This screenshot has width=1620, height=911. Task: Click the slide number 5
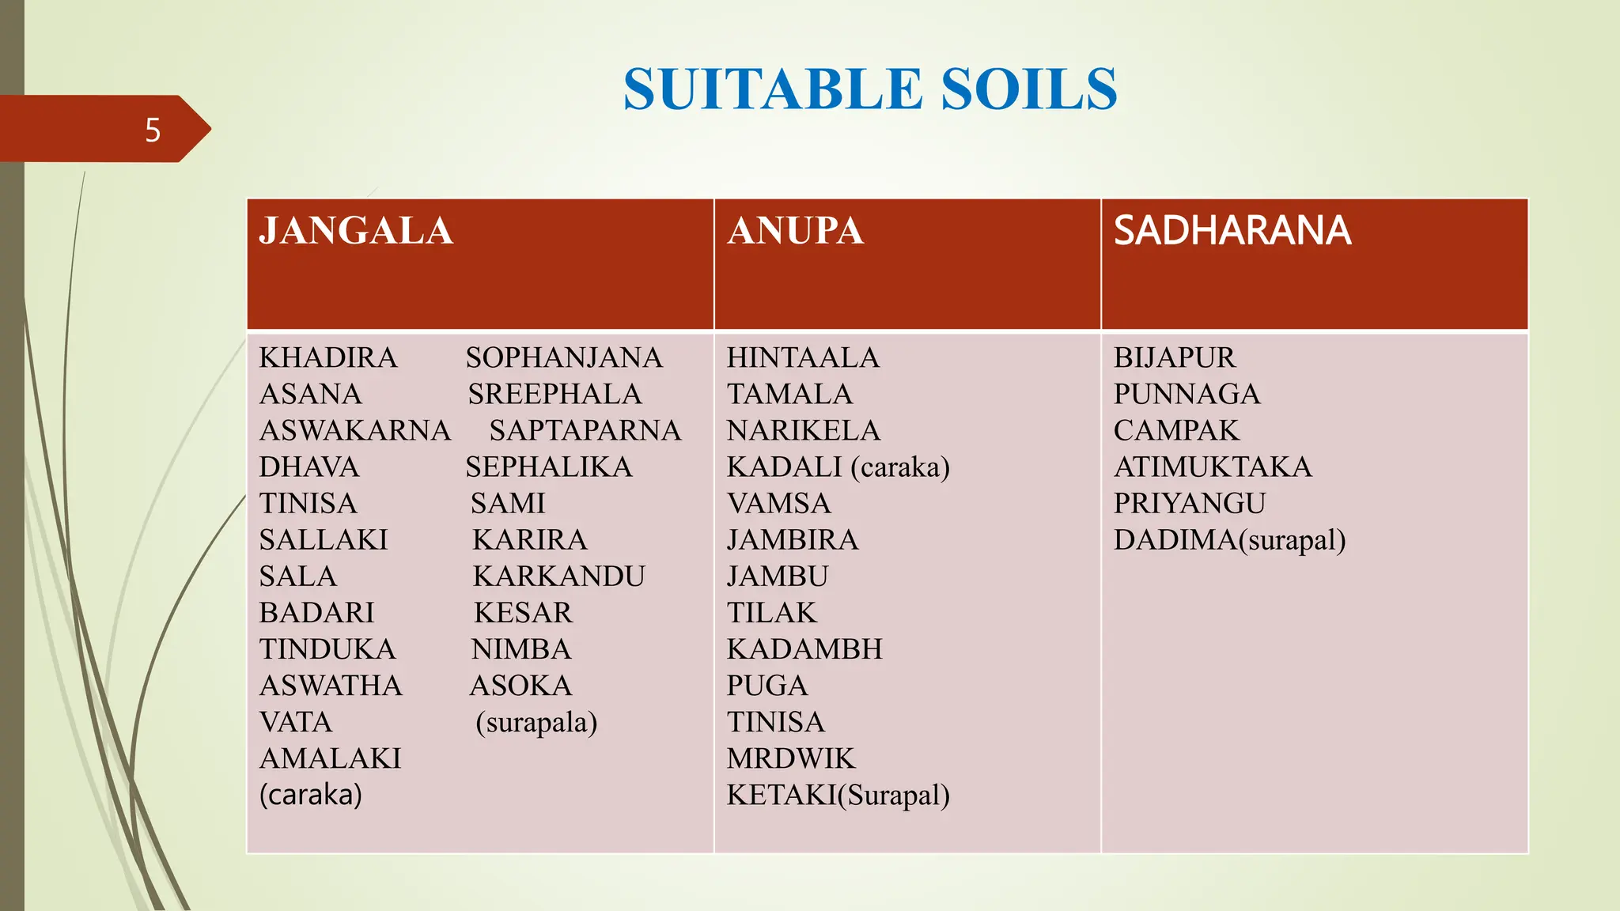(x=153, y=130)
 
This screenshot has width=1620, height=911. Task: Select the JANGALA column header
(x=356, y=231)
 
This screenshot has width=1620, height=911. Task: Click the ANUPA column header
(x=795, y=231)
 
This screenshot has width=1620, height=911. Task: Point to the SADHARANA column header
(x=1232, y=231)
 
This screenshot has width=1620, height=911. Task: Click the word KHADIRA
(x=328, y=357)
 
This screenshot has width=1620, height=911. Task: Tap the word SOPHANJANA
(x=564, y=357)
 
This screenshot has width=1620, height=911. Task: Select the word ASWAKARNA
(x=355, y=430)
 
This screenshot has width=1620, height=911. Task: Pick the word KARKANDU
(x=559, y=576)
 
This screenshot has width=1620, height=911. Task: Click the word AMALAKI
(x=331, y=758)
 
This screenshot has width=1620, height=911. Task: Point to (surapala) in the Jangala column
(x=536, y=722)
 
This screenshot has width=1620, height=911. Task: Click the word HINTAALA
(x=803, y=357)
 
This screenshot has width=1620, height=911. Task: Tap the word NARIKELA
(x=804, y=430)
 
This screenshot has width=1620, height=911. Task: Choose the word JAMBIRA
(x=793, y=539)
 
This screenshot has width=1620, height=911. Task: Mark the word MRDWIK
(x=791, y=758)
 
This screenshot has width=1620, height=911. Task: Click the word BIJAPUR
(x=1175, y=357)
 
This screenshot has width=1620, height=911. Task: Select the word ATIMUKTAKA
(x=1213, y=467)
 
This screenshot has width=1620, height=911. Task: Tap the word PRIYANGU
(x=1190, y=503)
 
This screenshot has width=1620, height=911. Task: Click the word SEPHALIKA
(x=549, y=467)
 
